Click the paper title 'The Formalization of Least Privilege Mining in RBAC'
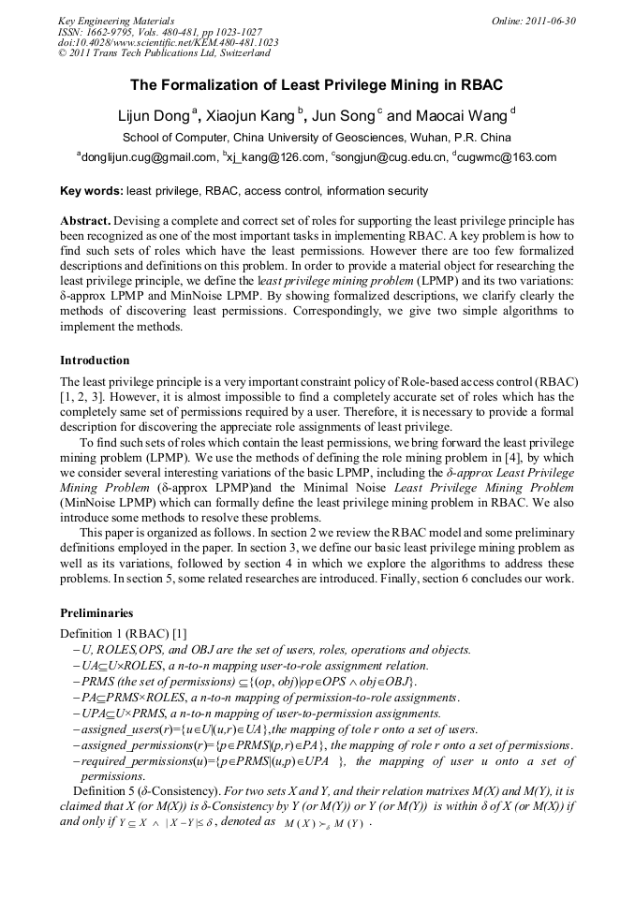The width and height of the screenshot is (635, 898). (317, 85)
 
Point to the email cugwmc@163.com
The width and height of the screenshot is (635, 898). (507, 157)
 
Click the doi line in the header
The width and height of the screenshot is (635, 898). (168, 42)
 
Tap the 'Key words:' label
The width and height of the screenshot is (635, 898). (91, 191)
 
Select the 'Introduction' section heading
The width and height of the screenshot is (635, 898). (95, 361)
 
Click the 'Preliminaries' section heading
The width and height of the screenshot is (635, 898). (96, 613)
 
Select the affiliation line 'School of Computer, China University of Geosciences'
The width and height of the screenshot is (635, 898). (317, 138)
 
